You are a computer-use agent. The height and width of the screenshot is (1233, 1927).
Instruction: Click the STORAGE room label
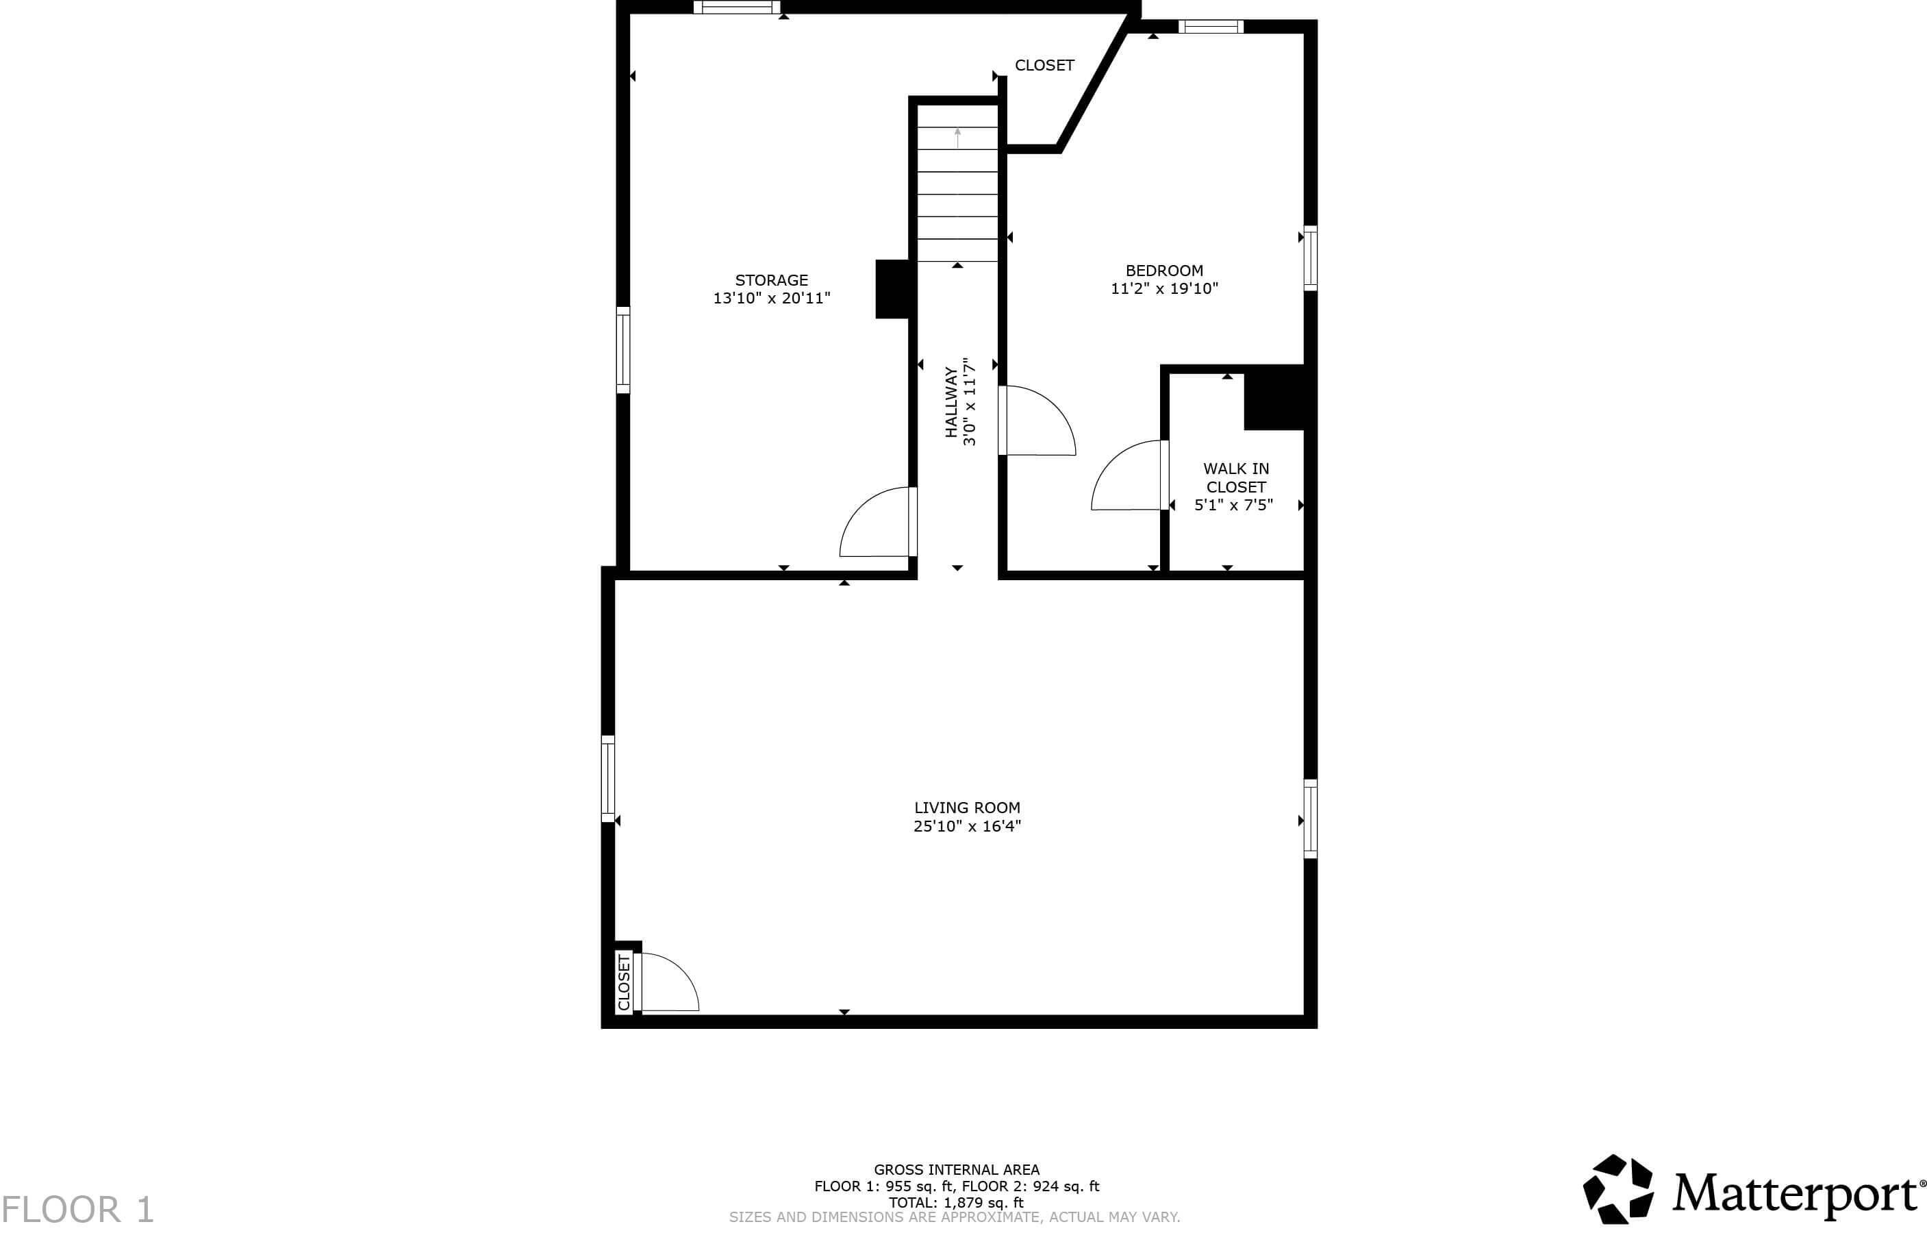pos(772,280)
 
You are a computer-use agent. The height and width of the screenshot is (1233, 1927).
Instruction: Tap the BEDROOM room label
pos(1163,271)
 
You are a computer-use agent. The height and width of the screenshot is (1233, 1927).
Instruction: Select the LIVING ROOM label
pos(967,808)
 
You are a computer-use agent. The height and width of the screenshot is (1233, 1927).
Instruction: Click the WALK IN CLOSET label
pos(1235,477)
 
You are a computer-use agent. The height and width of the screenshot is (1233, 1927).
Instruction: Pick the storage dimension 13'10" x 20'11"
pos(772,299)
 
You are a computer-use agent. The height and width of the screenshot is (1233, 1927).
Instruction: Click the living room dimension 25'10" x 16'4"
pos(967,826)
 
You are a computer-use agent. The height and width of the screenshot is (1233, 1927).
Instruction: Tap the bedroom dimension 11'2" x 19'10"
pos(1163,289)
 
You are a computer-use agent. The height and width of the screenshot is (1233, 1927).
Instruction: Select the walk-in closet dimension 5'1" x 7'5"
pos(1233,506)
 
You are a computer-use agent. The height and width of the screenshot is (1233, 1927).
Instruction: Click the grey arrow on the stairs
pos(958,138)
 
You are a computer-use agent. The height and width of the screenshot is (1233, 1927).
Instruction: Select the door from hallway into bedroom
pos(1038,421)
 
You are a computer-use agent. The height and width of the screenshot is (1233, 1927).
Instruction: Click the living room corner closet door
pos(668,982)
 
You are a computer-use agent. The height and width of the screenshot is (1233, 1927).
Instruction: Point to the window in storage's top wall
pos(736,8)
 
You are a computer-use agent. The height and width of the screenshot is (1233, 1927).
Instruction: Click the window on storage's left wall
pos(622,350)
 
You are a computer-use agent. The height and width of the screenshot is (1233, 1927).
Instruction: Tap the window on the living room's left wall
pos(608,778)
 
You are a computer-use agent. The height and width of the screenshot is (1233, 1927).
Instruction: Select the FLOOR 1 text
pos(77,1210)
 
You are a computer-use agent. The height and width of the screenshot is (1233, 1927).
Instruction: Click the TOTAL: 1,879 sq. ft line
pos(956,1203)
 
